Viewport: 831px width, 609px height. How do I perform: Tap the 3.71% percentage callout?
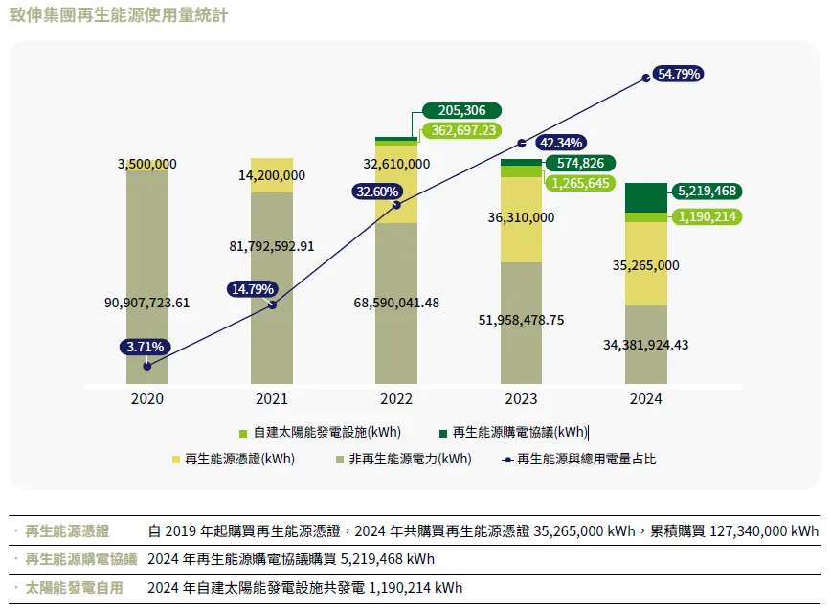pyautogui.click(x=145, y=347)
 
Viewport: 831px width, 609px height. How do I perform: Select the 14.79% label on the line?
pyautogui.click(x=252, y=288)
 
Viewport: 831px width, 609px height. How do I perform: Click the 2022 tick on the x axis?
pyautogui.click(x=395, y=398)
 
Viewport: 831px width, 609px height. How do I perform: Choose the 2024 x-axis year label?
pyautogui.click(x=645, y=398)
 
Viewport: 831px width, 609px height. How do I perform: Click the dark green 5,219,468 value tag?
pyautogui.click(x=706, y=191)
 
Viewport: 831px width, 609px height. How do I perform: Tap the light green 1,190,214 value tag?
pyautogui.click(x=706, y=216)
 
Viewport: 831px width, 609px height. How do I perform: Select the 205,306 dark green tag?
pyautogui.click(x=461, y=111)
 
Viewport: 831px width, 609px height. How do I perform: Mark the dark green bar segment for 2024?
pyautogui.click(x=645, y=197)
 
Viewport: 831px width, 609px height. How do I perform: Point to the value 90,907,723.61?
pyautogui.click(x=146, y=303)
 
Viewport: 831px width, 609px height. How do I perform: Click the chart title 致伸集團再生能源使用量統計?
pyautogui.click(x=120, y=17)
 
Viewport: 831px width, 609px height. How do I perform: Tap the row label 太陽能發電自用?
pyautogui.click(x=74, y=587)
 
